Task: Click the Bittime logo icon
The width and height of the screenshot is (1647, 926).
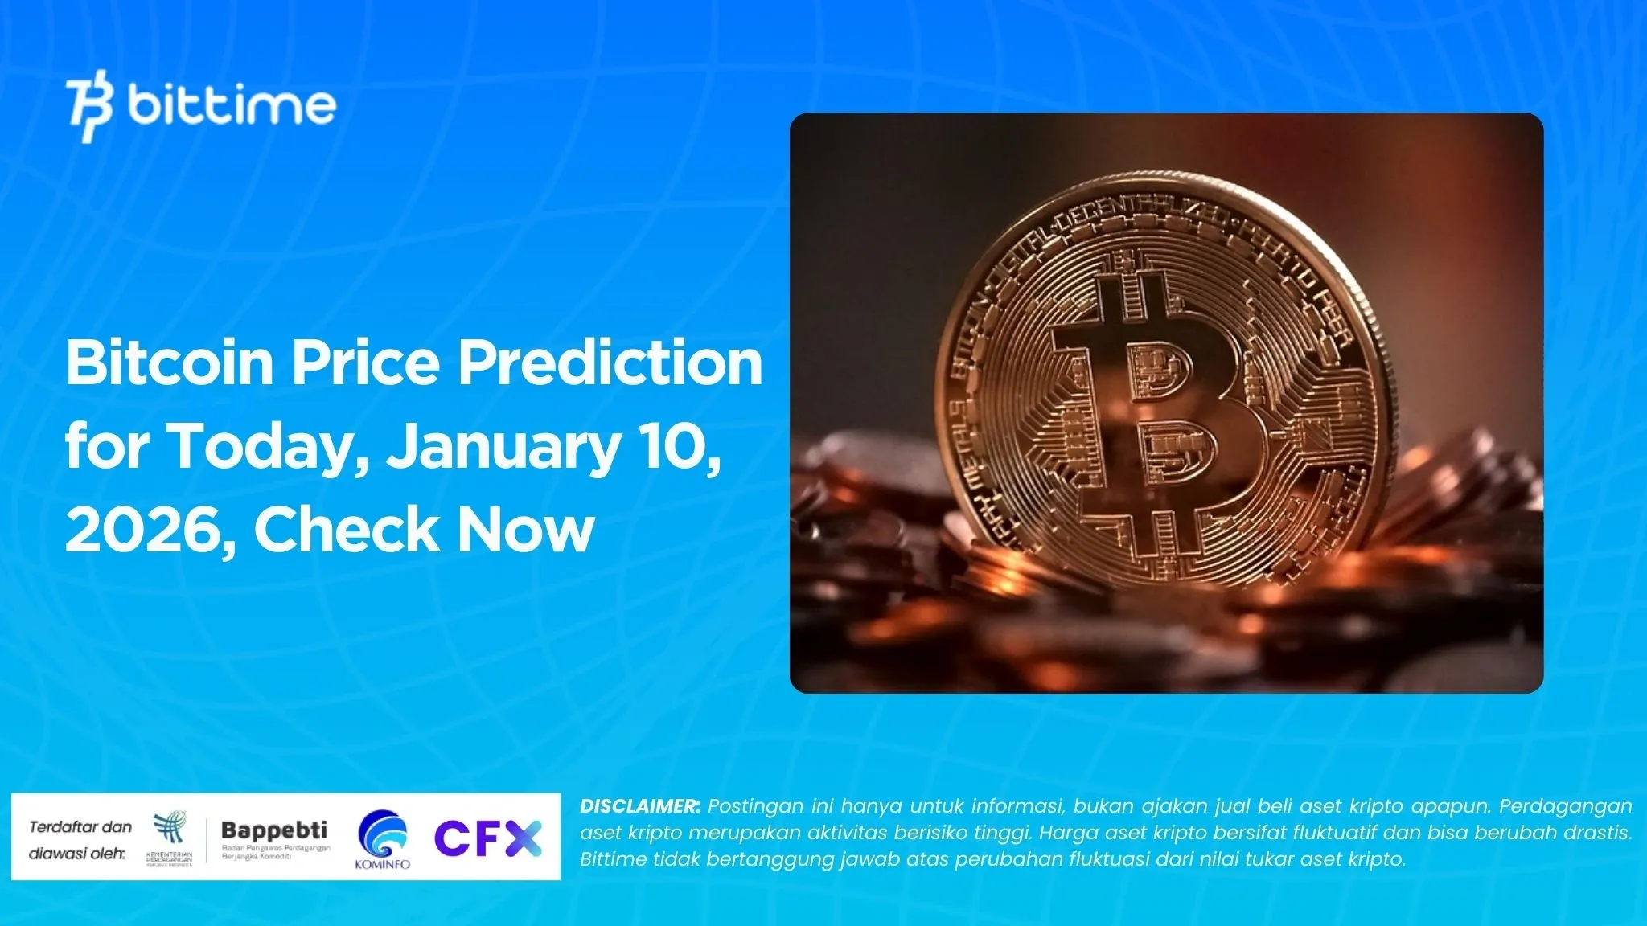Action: pos(90,105)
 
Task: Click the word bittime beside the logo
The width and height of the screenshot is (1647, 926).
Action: pos(232,105)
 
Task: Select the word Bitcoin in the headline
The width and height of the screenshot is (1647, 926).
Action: pos(170,363)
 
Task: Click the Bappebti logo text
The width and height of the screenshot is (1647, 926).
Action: pos(274,830)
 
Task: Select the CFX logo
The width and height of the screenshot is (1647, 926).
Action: pos(488,838)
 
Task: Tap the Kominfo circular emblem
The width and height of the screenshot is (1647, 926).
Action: pos(382,834)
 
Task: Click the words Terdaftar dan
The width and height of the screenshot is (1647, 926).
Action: pos(80,826)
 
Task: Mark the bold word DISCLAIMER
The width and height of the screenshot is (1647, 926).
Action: pos(640,806)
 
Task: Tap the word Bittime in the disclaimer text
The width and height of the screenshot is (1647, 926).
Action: pos(613,859)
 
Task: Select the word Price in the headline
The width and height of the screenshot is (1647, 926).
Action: pos(365,363)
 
